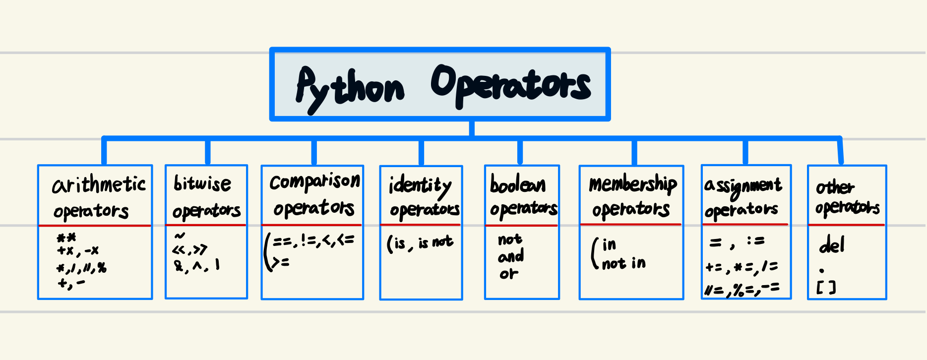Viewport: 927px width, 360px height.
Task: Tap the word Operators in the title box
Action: tap(511, 85)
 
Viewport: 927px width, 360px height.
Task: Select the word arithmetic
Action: tap(99, 185)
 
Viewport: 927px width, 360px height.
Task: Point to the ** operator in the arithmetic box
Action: tap(66, 239)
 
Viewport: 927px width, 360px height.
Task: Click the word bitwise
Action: tap(202, 183)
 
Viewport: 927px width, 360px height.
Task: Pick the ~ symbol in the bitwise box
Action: tap(180, 236)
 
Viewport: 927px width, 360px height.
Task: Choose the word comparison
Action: tap(314, 182)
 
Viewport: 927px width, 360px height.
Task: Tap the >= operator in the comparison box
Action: tap(279, 262)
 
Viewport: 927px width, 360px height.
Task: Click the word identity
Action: tap(420, 186)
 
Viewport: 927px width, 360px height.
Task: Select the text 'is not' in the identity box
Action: tap(435, 242)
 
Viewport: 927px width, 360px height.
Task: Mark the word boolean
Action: tap(517, 185)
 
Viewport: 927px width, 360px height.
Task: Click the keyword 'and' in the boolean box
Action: tap(511, 256)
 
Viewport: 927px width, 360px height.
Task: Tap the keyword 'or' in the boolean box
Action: tap(509, 273)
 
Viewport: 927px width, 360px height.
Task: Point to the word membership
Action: tap(632, 184)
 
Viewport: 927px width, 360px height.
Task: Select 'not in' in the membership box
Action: tap(623, 263)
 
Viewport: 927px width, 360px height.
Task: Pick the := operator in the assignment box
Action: tap(756, 241)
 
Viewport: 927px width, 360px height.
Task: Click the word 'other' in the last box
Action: tap(835, 187)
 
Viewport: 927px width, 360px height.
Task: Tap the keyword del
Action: tap(831, 245)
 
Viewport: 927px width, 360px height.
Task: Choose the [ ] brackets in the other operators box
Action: tap(826, 288)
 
